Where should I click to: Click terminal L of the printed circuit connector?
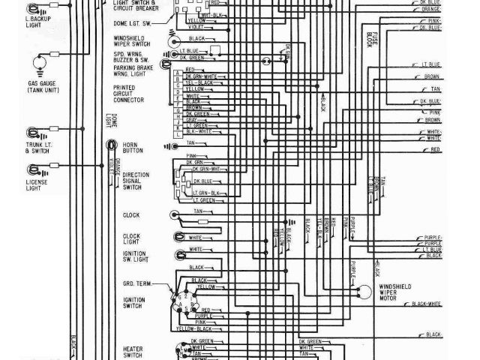(177, 130)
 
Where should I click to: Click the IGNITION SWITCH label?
(133, 301)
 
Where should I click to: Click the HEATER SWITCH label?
(133, 350)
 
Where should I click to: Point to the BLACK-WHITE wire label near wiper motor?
(425, 305)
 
